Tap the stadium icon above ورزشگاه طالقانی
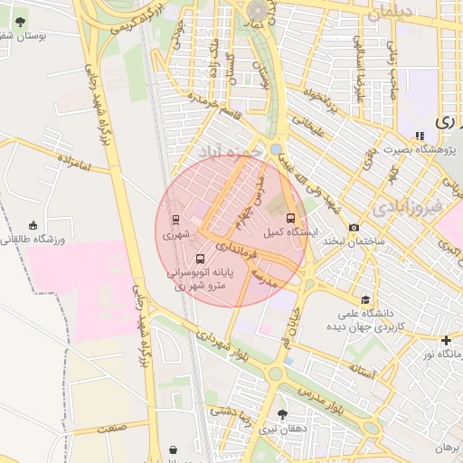[x=33, y=225]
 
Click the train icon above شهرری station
[x=175, y=219]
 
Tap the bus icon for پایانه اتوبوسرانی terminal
[x=200, y=260]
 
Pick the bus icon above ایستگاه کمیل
[x=290, y=218]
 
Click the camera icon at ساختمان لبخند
[x=354, y=227]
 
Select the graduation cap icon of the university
[x=364, y=299]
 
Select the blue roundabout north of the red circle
[x=276, y=148]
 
